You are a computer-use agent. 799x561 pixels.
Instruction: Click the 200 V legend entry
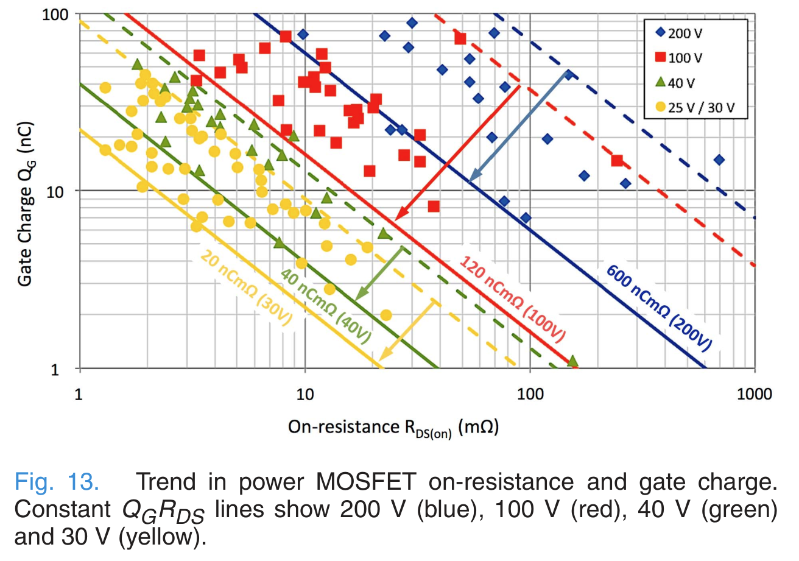pos(686,33)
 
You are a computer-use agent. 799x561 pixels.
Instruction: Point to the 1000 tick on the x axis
pos(755,394)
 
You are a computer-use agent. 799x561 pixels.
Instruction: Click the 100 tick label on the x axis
pos(530,394)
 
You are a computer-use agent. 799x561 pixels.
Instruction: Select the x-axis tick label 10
pos(304,394)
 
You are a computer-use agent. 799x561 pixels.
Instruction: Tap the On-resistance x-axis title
pos(393,428)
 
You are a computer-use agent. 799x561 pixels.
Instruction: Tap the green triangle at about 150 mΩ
pos(572,361)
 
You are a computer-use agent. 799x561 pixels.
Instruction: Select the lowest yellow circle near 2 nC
pos(385,315)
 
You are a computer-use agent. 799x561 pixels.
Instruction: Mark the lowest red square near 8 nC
pos(434,206)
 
